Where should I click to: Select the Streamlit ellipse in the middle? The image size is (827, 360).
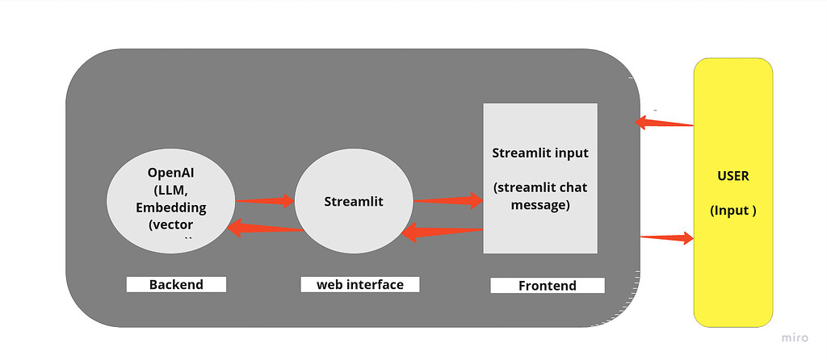click(x=353, y=202)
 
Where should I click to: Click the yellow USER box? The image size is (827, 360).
click(x=733, y=192)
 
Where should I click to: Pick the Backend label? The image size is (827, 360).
click(x=176, y=284)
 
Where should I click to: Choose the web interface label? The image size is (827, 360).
click(x=360, y=284)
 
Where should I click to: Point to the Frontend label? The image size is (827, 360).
click(x=547, y=285)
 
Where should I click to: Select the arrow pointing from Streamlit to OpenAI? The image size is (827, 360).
click(x=264, y=229)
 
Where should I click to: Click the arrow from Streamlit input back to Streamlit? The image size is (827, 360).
click(x=442, y=233)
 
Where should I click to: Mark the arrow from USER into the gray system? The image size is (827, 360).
click(x=664, y=123)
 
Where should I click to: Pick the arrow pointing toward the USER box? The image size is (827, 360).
click(x=667, y=237)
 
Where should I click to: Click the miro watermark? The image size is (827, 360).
click(x=795, y=338)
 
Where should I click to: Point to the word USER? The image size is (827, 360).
click(x=733, y=176)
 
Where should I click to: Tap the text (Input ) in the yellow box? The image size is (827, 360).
click(x=733, y=211)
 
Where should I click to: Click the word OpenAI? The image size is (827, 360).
click(x=170, y=173)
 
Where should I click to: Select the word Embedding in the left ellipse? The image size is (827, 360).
click(x=170, y=207)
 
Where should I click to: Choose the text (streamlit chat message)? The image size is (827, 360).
click(x=539, y=196)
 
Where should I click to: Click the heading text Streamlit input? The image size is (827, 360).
click(x=539, y=153)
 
